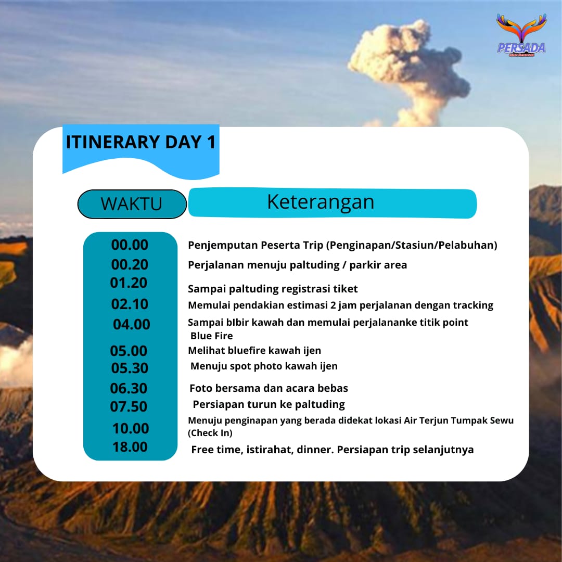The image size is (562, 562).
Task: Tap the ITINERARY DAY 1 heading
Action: (x=140, y=142)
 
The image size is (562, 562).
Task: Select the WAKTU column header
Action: (x=132, y=203)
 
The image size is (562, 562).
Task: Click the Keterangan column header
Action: (x=321, y=202)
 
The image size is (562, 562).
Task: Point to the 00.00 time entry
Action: (x=130, y=245)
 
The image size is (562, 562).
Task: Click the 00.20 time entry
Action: (x=130, y=265)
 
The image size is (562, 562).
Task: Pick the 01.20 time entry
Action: (x=129, y=283)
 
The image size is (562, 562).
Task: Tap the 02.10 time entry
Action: (x=130, y=304)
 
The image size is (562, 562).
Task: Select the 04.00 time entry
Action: (x=131, y=324)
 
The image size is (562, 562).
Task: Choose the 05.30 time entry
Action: (x=130, y=368)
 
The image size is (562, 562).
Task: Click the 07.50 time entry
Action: (x=129, y=406)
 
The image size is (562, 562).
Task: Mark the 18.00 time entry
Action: (x=130, y=446)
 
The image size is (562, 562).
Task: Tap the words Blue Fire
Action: (x=212, y=336)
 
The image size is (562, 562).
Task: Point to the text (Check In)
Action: (x=210, y=433)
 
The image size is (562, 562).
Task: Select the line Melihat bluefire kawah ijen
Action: (x=254, y=351)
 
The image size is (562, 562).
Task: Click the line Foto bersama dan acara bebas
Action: (x=269, y=388)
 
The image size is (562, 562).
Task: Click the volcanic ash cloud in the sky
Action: (x=408, y=68)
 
